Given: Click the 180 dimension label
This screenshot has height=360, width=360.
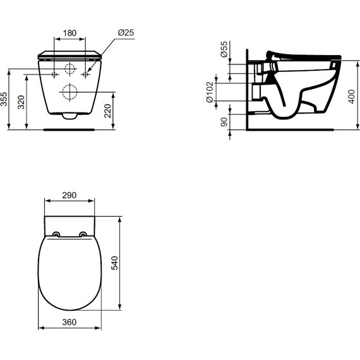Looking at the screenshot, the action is pos(69,33).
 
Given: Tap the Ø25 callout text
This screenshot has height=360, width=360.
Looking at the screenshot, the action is pos(126,33).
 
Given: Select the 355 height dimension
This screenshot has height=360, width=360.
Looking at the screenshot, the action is pos(4,99).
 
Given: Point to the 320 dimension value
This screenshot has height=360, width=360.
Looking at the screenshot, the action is pos(21,102).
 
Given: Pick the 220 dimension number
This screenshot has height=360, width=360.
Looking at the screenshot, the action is pos(107,111).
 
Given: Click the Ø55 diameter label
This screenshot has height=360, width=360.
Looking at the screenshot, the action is pos(224,49).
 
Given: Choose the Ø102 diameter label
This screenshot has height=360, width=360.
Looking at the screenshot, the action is pos(210,92).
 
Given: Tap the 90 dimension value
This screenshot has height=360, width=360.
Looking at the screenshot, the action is pos(224,122).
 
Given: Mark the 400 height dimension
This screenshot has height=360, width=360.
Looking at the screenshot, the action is pos(352,97).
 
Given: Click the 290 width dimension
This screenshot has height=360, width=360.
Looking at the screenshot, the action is pos(69,195).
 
